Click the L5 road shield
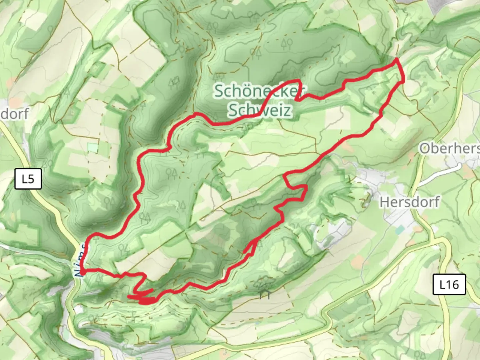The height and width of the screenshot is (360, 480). (28, 179)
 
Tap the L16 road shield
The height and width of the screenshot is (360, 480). (449, 284)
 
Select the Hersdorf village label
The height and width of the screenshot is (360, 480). (410, 202)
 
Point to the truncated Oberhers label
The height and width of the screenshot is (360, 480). (449, 148)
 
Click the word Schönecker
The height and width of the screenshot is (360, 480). (259, 91)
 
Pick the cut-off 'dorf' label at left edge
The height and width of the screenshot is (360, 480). (14, 113)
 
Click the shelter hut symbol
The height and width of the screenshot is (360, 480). (266, 294)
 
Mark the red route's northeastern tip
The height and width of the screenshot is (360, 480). (397, 59)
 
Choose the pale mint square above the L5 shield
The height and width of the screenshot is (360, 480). (93, 148)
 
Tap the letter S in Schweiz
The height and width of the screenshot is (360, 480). (233, 110)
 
